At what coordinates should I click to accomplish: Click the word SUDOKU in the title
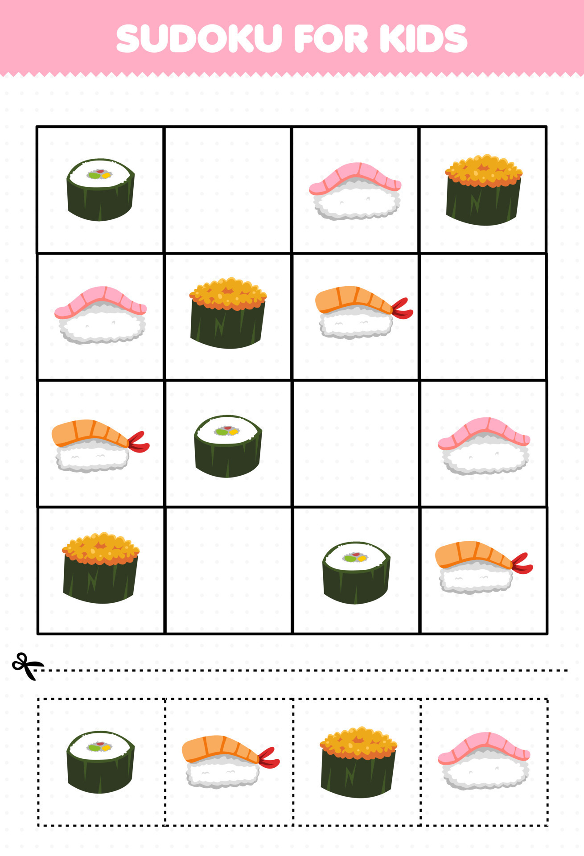(199, 38)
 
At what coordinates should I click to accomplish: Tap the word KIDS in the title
(424, 38)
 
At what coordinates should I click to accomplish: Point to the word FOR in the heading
(331, 38)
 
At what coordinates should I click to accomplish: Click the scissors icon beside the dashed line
(27, 666)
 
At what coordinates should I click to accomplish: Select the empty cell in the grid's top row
(228, 190)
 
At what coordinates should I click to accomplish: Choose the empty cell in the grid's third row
(356, 444)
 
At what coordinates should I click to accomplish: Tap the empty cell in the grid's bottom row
(228, 570)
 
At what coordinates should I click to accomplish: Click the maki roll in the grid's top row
(101, 189)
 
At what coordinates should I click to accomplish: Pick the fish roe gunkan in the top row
(484, 189)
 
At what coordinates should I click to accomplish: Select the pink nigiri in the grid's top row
(355, 191)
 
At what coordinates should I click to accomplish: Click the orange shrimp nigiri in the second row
(364, 312)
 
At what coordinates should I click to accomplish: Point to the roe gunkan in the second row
(228, 313)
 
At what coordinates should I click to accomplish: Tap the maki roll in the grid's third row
(228, 446)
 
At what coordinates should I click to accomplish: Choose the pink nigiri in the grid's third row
(484, 446)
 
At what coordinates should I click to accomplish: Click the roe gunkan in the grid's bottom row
(101, 568)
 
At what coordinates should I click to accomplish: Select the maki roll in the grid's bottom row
(356, 573)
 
